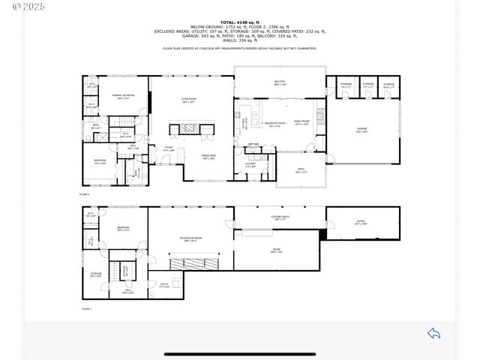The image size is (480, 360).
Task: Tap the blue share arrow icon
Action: point(433,333)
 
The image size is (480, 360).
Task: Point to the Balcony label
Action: point(279,83)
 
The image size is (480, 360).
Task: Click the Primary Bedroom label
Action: point(124,96)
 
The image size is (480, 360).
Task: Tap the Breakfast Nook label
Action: point(272,124)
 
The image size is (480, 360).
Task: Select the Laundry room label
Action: point(250,163)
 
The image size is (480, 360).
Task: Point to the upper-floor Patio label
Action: point(301,170)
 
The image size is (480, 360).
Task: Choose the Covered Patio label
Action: point(280,217)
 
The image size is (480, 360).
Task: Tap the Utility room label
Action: point(174,284)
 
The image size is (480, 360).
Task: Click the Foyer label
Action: point(170,148)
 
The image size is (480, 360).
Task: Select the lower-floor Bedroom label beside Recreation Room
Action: point(124,228)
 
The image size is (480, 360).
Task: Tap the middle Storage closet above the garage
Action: point(368,85)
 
